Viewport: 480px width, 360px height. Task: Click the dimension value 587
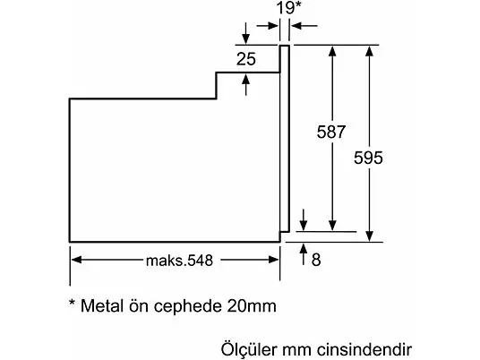[331, 132]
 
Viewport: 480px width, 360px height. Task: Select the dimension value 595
[368, 158]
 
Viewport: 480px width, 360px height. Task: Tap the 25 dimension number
[246, 59]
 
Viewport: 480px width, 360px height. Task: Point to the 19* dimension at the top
[289, 8]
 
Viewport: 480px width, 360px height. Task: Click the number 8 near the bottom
[316, 260]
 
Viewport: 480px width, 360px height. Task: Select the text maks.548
[179, 261]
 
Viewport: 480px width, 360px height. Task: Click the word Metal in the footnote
[102, 305]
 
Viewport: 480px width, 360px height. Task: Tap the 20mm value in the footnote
[252, 305]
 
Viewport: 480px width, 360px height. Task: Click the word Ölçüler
[249, 348]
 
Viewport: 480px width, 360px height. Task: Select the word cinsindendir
[364, 349]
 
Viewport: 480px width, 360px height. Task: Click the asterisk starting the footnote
[73, 303]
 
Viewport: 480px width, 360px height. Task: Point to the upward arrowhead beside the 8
[304, 248]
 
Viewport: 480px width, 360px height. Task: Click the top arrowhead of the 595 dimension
[370, 51]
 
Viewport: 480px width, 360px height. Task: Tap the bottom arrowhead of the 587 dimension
[332, 226]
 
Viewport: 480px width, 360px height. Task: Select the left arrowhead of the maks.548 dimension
[76, 260]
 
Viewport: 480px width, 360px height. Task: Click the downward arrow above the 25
[245, 33]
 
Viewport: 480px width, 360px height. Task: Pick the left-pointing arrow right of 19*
[304, 26]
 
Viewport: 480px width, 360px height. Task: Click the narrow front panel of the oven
[285, 139]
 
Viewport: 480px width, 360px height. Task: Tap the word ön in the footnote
[139, 305]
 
